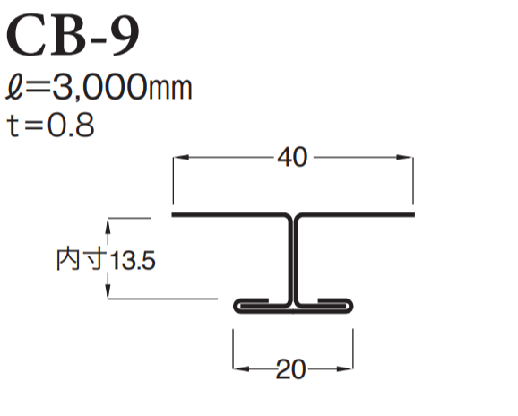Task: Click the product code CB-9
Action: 73,35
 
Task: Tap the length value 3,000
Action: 99,87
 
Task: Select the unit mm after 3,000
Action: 170,90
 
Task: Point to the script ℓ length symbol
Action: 14,87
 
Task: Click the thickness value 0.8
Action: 71,125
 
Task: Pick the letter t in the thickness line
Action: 13,125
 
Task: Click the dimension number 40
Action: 292,157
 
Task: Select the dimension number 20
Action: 290,369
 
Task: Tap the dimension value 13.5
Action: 132,260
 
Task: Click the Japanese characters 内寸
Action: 82,260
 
